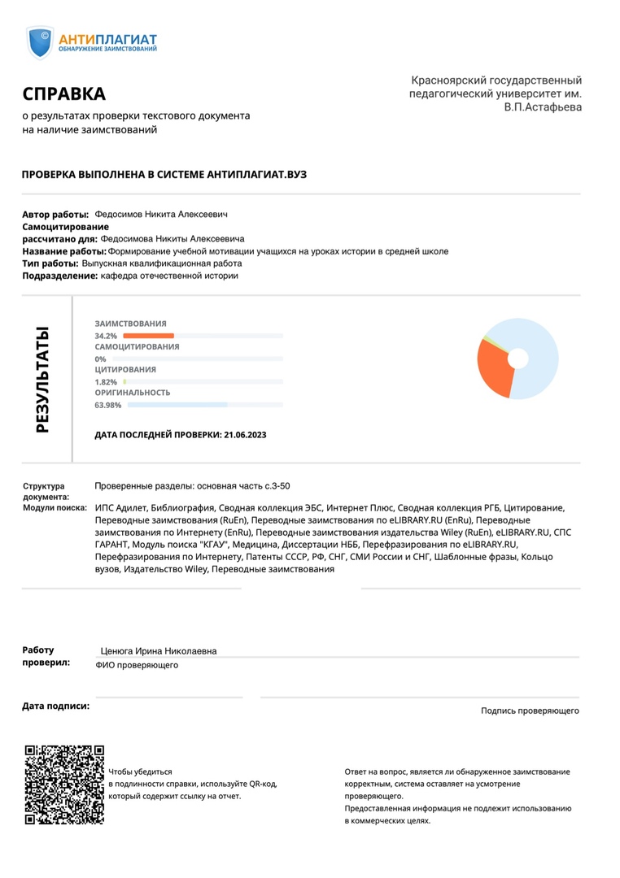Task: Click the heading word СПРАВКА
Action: pyautogui.click(x=64, y=93)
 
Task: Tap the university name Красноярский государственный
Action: pyautogui.click(x=496, y=80)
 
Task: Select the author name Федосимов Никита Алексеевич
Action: pyautogui.click(x=161, y=214)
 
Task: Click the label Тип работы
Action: pyautogui.click(x=50, y=263)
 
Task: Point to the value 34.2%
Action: pyautogui.click(x=106, y=336)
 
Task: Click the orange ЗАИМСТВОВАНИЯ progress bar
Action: pyautogui.click(x=148, y=336)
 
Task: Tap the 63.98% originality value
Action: pyautogui.click(x=108, y=405)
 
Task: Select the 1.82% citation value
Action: pyautogui.click(x=106, y=382)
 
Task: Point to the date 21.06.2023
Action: pyautogui.click(x=244, y=435)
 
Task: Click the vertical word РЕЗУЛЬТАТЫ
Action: pyautogui.click(x=42, y=379)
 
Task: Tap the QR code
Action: pyautogui.click(x=64, y=785)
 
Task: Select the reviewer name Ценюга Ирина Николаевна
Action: pyautogui.click(x=158, y=651)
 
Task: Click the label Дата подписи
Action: pyautogui.click(x=55, y=706)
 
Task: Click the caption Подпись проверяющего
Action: pyautogui.click(x=530, y=711)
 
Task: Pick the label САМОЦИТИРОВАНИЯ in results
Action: pyautogui.click(x=137, y=347)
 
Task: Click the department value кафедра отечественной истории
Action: pyautogui.click(x=169, y=276)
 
